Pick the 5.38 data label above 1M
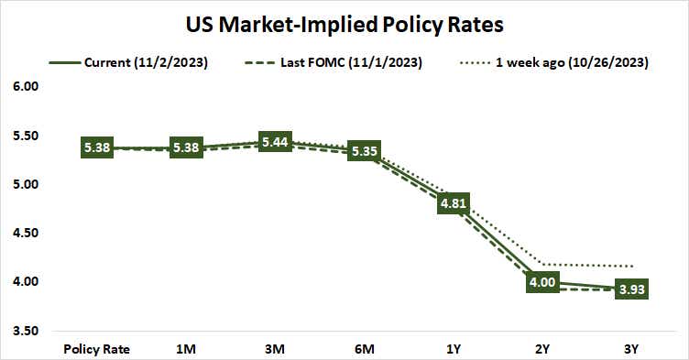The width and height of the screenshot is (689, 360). pos(187,148)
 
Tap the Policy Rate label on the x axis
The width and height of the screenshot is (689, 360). pos(97,348)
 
